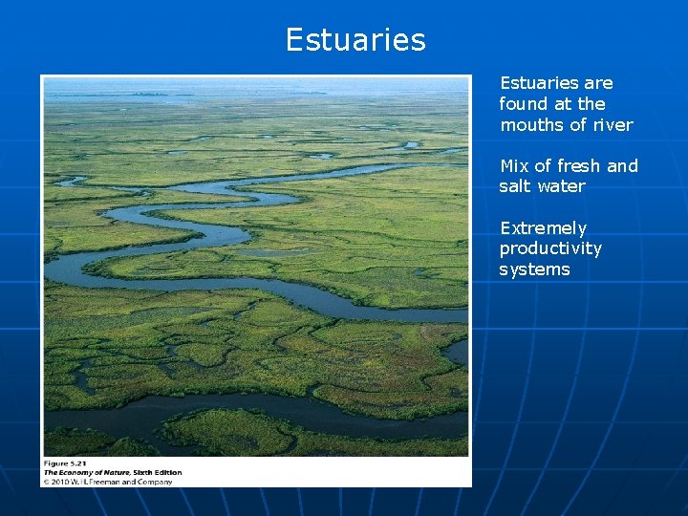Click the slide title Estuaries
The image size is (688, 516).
(355, 40)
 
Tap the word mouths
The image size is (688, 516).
(529, 125)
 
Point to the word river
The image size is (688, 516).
(612, 125)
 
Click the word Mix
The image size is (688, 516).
(514, 166)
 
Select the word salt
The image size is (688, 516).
(515, 186)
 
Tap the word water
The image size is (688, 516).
(561, 186)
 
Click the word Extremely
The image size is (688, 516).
(543, 228)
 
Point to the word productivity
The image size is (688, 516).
(550, 249)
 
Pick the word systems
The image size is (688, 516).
(534, 269)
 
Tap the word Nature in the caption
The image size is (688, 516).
(118, 472)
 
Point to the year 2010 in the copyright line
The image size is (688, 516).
(59, 482)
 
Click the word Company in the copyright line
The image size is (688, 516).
(154, 482)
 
